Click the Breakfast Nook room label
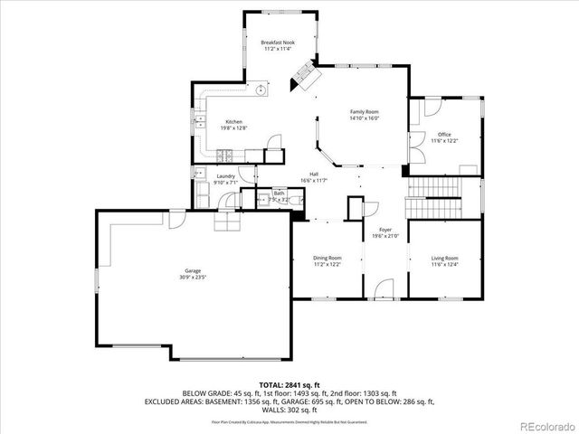pos(278,42)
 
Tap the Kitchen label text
pos(233,122)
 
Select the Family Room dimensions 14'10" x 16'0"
pos(364,118)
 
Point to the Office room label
pos(444,135)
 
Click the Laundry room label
pos(225,177)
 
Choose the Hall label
pos(313,174)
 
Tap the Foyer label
pos(384,231)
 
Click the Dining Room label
pos(327,259)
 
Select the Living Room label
pos(444,259)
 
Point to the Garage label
pos(193,270)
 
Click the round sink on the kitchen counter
pos(261,90)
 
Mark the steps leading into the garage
pos(225,222)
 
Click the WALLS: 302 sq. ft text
pos(288,411)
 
